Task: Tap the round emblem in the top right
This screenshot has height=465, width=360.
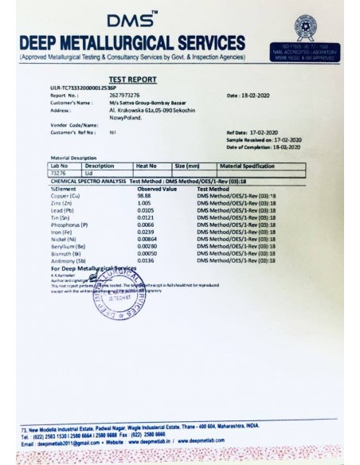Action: click(x=303, y=25)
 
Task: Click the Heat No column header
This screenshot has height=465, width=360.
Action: click(x=148, y=165)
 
